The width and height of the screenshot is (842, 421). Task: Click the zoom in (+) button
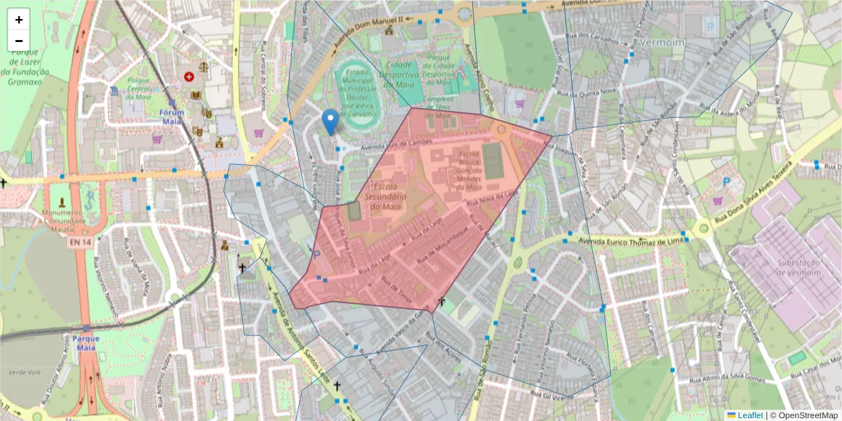pyautogui.click(x=19, y=20)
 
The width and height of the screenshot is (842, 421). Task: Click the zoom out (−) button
pyautogui.click(x=19, y=41)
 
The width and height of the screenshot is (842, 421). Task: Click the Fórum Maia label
pyautogui.click(x=171, y=116)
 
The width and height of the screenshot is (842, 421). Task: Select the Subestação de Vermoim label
pyautogui.click(x=792, y=267)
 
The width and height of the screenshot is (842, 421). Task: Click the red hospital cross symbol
pyautogui.click(x=189, y=76)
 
